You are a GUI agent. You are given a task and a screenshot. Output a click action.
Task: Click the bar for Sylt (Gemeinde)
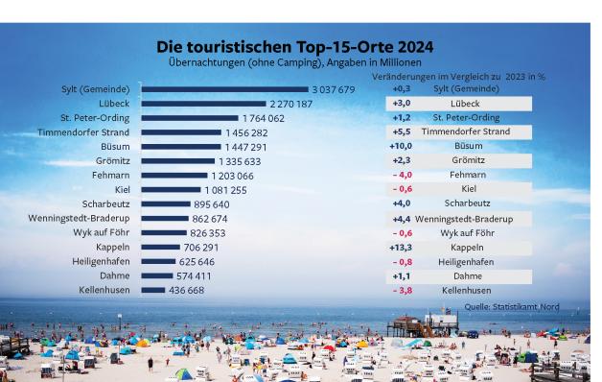click(x=224, y=89)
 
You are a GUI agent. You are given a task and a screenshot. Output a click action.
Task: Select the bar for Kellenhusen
click(x=152, y=290)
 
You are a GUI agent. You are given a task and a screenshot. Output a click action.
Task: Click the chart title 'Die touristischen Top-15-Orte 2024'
click(x=294, y=47)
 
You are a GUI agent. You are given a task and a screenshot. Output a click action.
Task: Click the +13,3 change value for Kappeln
click(x=401, y=247)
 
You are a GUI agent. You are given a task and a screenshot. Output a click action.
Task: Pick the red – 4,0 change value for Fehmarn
click(x=402, y=175)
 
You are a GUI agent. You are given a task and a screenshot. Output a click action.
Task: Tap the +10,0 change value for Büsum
click(x=401, y=146)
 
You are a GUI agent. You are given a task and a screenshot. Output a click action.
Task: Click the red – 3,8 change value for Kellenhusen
click(x=402, y=290)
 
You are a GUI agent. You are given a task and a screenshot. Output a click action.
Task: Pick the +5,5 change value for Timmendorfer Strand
click(x=401, y=131)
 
